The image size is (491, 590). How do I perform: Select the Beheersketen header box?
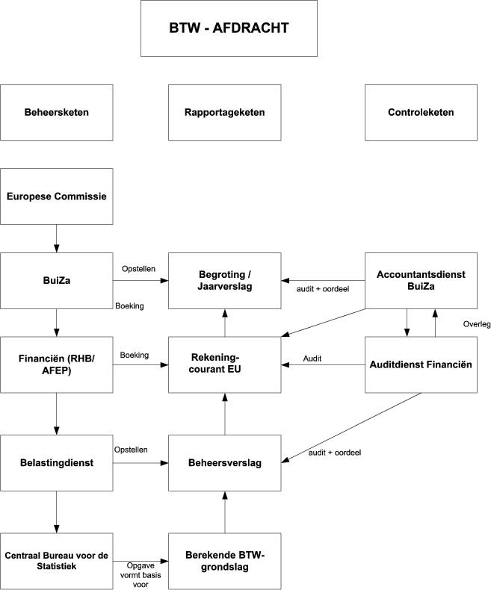click(56, 113)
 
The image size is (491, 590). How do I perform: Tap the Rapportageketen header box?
click(224, 113)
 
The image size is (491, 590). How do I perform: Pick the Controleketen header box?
click(421, 113)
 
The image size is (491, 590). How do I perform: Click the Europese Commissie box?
click(56, 196)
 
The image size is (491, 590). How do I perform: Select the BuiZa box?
click(56, 281)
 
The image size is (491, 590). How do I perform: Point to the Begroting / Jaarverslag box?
click(224, 281)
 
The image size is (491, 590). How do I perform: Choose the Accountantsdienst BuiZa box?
click(421, 281)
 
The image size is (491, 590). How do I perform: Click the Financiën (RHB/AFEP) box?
click(56, 365)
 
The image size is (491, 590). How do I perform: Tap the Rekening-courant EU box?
click(224, 365)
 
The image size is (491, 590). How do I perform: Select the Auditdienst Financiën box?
click(421, 365)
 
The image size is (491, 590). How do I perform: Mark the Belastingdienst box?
click(56, 463)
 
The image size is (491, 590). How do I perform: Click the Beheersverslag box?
click(224, 463)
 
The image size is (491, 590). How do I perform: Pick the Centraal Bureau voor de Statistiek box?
click(56, 561)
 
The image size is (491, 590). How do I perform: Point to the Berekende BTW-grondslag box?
click(224, 561)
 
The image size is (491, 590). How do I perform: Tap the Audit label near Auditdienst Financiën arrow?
click(312, 358)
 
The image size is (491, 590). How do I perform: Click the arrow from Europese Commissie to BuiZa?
click(56, 239)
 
